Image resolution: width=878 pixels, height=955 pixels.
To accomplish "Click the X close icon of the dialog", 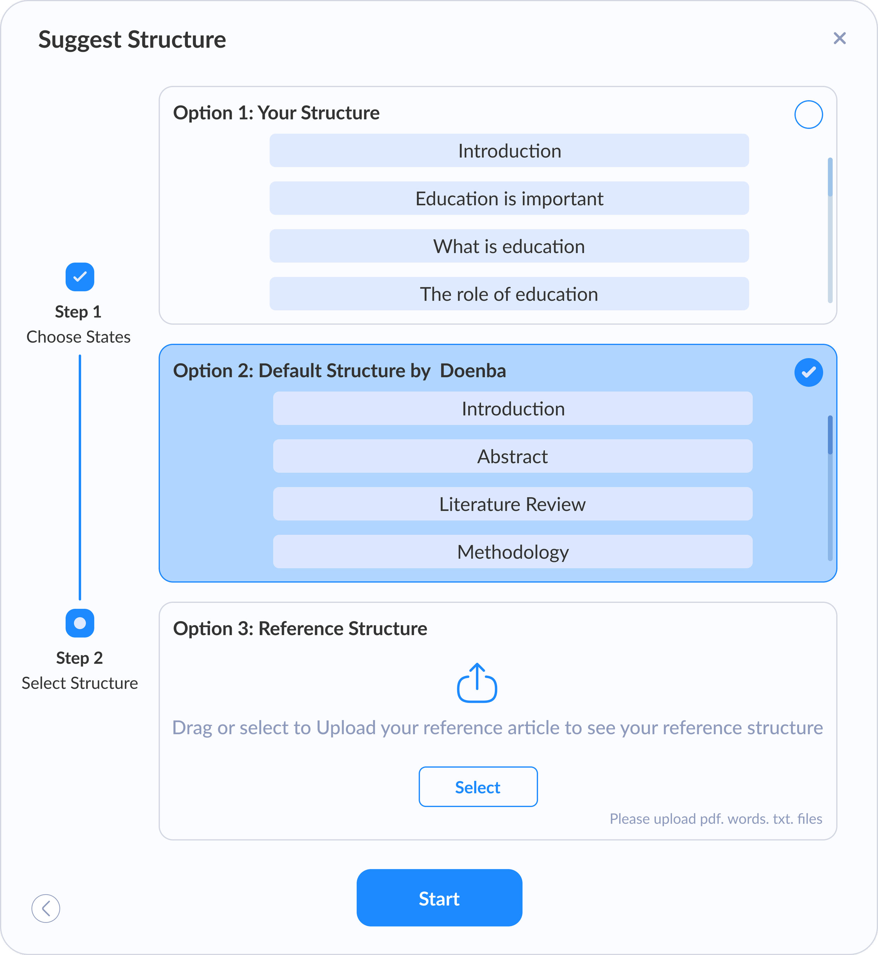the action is (839, 38).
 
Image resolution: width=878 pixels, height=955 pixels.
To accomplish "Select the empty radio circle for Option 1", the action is (808, 115).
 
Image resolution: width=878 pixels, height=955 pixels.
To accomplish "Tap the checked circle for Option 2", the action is (808, 372).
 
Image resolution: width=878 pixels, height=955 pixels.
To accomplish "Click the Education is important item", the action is (509, 198).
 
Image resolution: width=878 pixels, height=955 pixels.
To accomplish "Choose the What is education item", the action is (509, 246).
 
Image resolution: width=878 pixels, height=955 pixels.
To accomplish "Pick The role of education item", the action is (509, 294).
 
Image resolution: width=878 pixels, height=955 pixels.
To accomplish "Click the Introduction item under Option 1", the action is (509, 151).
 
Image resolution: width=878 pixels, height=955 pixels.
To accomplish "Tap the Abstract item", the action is (513, 456).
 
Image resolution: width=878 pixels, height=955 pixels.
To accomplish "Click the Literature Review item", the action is (513, 504).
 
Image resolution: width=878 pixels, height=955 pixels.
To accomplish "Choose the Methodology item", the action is (513, 552).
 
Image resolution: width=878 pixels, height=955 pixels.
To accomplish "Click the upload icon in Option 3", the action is (477, 683).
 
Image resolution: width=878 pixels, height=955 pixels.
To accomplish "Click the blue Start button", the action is (439, 898).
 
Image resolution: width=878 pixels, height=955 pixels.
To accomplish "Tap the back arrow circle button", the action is (46, 908).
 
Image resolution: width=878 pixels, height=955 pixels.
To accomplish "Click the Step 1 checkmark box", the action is (80, 277).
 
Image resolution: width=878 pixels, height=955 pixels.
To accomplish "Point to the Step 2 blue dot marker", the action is (80, 623).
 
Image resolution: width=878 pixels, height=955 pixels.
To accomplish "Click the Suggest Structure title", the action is (132, 39).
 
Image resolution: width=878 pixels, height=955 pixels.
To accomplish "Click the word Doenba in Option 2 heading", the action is (473, 371).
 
